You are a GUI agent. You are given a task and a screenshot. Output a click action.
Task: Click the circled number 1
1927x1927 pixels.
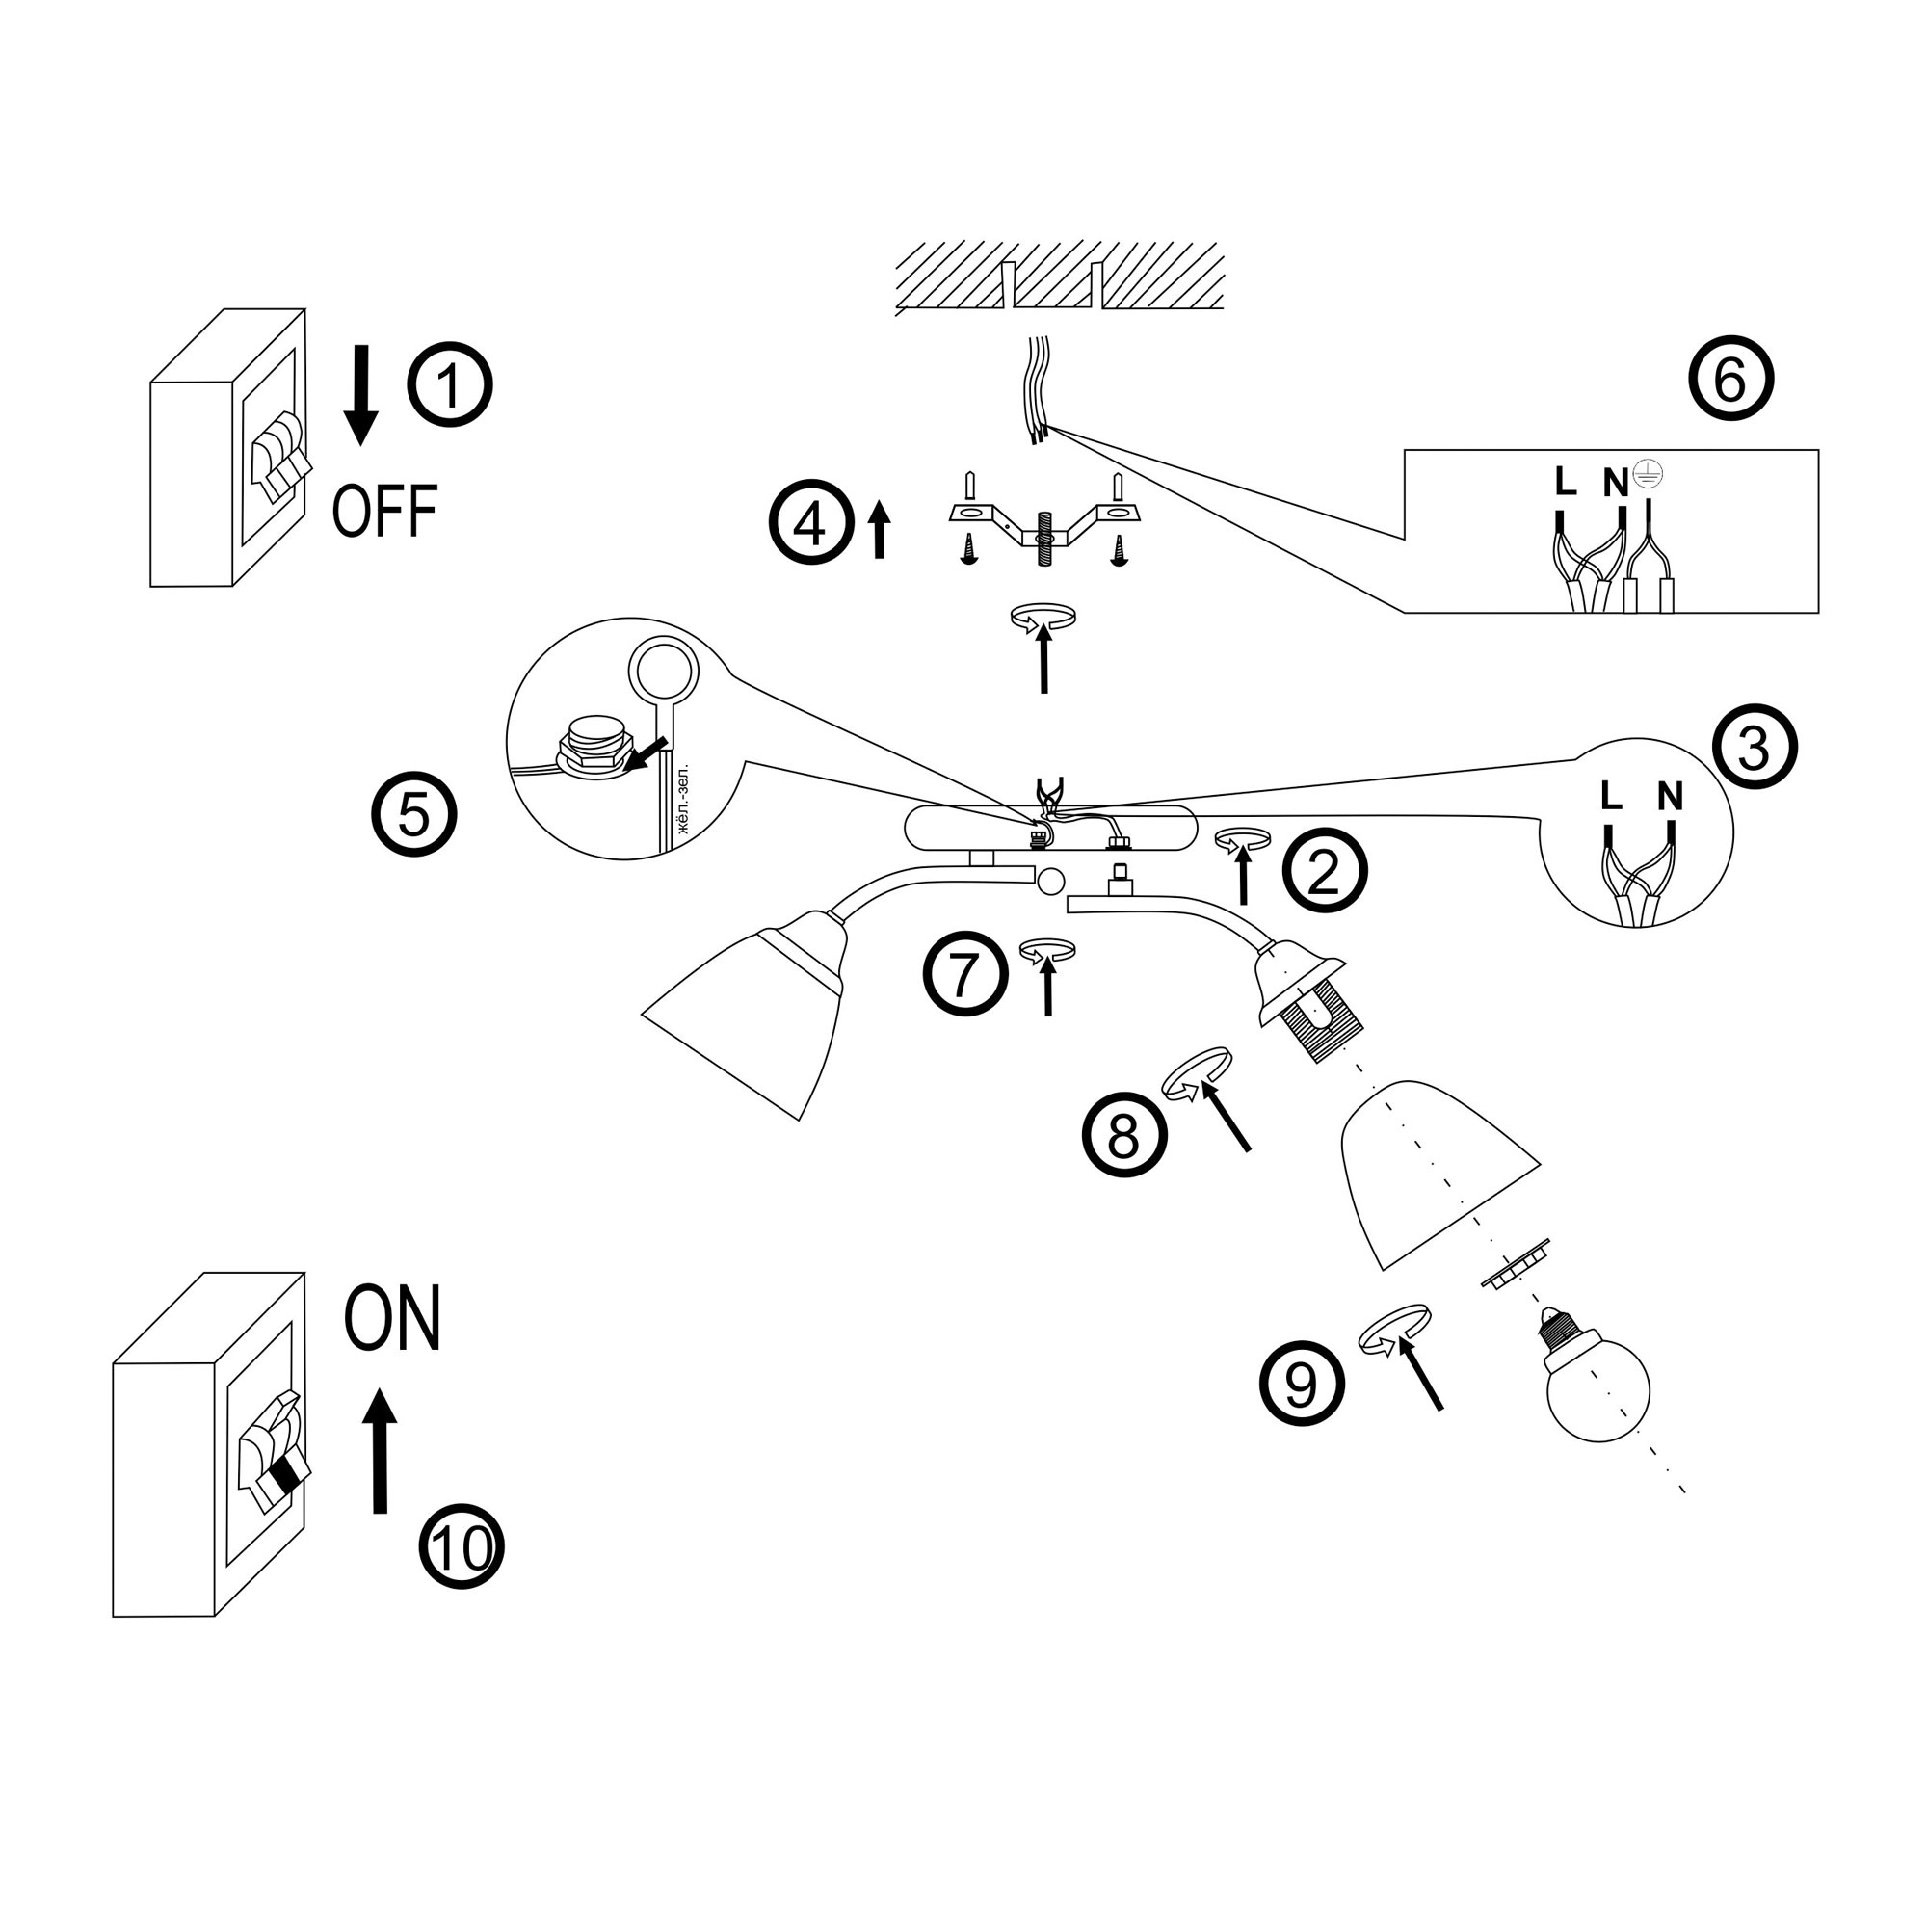[x=450, y=385]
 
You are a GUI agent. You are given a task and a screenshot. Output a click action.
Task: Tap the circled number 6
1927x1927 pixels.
[x=1730, y=379]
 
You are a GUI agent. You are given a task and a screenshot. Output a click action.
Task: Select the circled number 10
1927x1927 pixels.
[x=461, y=1547]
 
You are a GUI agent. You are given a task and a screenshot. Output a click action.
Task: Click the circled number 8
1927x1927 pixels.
[x=1124, y=1134]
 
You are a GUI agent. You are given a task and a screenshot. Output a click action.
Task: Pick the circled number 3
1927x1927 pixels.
[x=1755, y=748]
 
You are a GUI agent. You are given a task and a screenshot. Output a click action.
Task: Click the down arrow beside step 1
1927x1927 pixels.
[x=361, y=395]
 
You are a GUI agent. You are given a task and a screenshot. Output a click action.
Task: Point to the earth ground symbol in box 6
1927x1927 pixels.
[x=1648, y=477]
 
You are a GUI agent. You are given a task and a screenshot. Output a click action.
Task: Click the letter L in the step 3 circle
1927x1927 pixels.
[x=1611, y=795]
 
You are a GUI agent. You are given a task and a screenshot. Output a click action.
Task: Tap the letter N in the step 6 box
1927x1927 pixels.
[x=1616, y=483]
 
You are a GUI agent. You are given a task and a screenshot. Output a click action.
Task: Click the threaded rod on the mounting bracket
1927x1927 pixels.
[x=1044, y=540]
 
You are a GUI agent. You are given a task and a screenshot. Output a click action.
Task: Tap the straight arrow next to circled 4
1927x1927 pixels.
[x=879, y=530]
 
